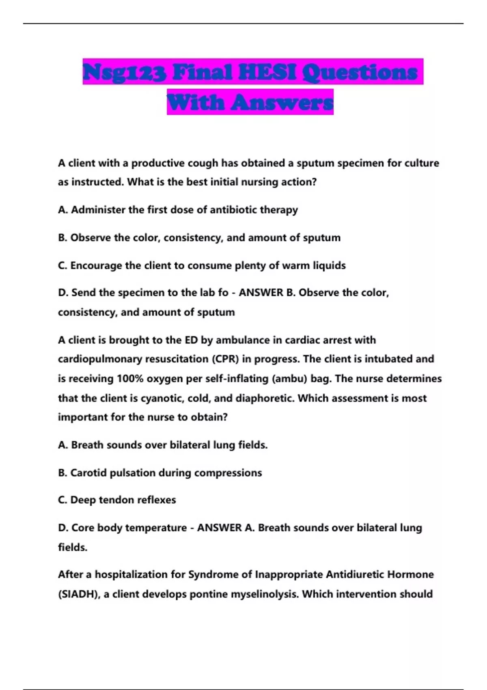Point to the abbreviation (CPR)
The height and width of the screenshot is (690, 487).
pyautogui.click(x=225, y=359)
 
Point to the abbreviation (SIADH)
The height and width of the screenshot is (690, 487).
pyautogui.click(x=79, y=594)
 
